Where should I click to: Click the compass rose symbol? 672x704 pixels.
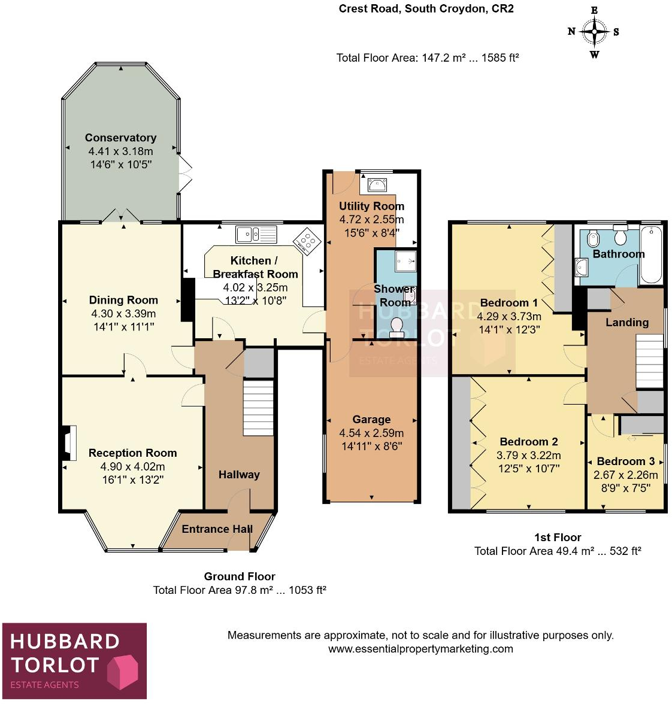(594, 32)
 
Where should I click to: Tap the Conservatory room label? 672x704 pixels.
(120, 138)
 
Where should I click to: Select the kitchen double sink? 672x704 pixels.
(256, 234)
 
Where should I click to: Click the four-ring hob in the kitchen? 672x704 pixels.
(307, 241)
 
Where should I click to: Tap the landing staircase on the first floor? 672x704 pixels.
(649, 360)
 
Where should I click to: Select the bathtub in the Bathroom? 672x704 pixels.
(651, 254)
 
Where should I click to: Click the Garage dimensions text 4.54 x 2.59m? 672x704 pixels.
(371, 433)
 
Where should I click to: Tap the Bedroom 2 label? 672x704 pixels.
(529, 442)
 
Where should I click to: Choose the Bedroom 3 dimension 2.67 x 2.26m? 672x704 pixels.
(625, 475)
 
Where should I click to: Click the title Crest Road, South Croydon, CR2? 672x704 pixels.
(426, 9)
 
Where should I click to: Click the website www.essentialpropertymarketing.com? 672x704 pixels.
(420, 649)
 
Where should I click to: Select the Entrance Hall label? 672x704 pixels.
(217, 529)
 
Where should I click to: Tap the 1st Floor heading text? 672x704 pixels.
(558, 538)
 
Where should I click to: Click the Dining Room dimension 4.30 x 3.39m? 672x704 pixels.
(123, 314)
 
